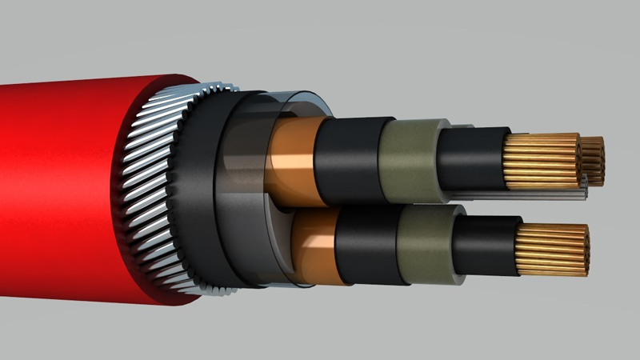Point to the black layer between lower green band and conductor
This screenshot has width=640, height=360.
pyautogui.click(x=488, y=244)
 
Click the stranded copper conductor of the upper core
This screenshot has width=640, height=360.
pyautogui.click(x=544, y=160)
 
